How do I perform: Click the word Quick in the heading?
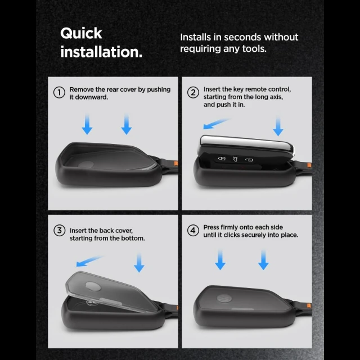81,34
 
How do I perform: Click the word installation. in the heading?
101,52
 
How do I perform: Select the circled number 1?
59,92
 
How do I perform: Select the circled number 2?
193,92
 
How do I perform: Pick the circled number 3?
59,230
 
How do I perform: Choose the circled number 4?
193,230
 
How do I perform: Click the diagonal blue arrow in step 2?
216,124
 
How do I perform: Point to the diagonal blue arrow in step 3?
89,261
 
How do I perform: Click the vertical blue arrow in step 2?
278,126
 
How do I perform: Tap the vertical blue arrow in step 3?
139,263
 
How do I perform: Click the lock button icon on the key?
222,159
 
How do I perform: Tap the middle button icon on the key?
235,159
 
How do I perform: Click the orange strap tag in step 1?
176,164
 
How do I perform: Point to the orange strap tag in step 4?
309,305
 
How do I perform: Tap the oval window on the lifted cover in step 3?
93,286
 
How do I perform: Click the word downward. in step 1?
89,97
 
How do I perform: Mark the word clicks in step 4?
232,235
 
